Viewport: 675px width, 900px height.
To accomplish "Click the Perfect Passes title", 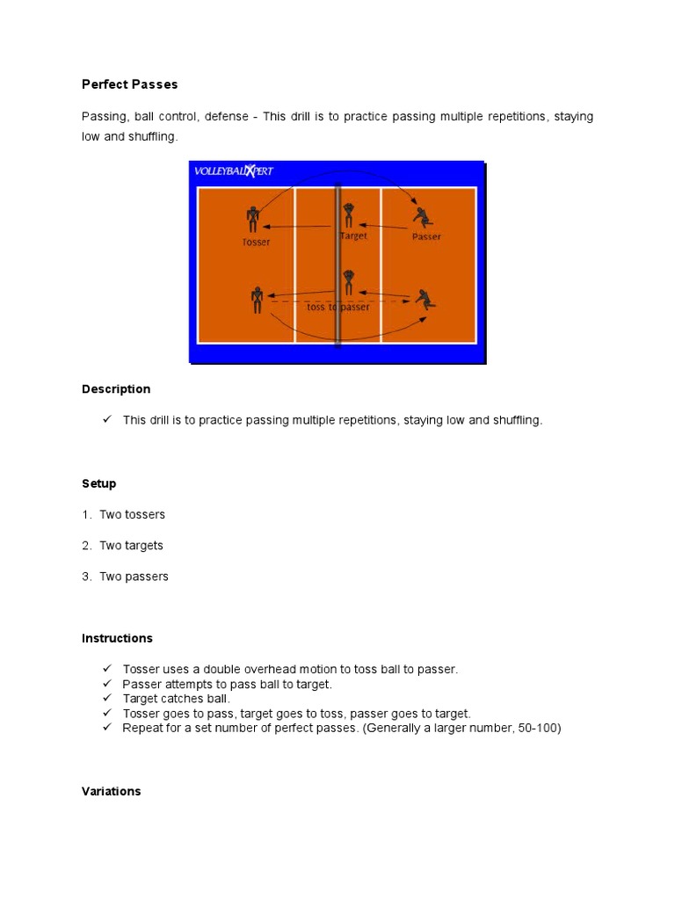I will [x=130, y=84].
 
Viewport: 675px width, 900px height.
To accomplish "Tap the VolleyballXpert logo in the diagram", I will [x=234, y=171].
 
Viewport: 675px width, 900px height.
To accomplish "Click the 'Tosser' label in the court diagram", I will [x=256, y=242].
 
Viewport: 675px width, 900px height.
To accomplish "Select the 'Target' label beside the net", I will [x=353, y=236].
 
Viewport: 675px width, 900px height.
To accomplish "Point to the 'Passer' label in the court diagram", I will [x=426, y=236].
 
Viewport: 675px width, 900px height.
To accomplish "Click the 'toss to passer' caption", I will [x=337, y=307].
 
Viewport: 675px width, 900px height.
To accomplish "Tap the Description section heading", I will [x=116, y=389].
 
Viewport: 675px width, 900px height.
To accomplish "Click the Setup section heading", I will [x=99, y=483].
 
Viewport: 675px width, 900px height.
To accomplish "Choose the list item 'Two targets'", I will [x=131, y=546].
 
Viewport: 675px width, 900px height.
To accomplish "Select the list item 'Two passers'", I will [x=134, y=577].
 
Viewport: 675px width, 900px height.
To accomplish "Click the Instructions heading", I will [x=117, y=638].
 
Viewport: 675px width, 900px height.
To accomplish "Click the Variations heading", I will [x=111, y=791].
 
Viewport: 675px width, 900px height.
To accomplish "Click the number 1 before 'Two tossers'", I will [x=86, y=515].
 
